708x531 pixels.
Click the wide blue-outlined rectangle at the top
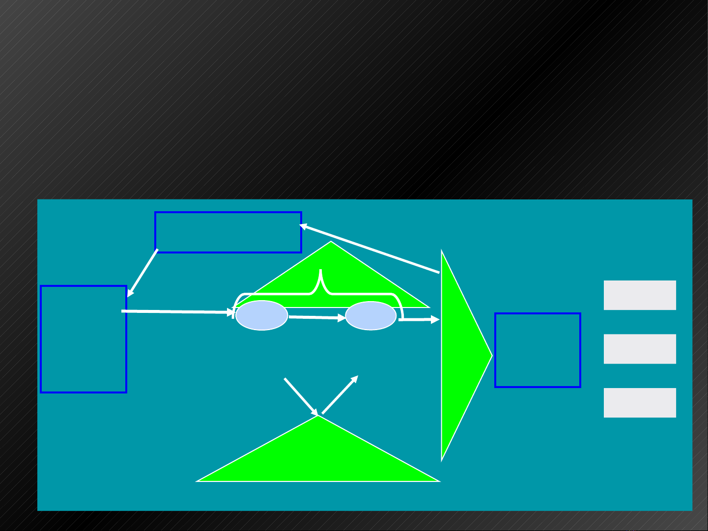point(228,232)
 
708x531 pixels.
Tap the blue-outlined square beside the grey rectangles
point(538,350)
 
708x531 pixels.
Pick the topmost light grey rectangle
point(640,295)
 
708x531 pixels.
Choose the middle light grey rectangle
point(640,349)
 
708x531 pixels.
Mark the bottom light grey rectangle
point(640,403)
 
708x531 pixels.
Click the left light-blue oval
point(261,315)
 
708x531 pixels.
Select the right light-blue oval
point(371,316)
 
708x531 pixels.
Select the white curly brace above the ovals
point(320,290)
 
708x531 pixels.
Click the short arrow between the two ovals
point(317,318)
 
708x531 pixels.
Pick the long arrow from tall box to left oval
point(177,312)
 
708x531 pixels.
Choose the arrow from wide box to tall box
point(143,273)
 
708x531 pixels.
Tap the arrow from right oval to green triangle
point(418,320)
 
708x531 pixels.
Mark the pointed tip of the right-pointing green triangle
point(491,356)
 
